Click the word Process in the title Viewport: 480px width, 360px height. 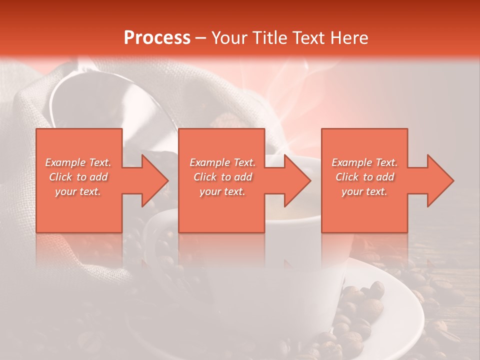[x=157, y=37]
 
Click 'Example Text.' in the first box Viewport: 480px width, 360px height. [x=78, y=162]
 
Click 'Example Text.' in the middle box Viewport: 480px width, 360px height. [x=222, y=162]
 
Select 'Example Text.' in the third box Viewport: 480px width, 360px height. [x=364, y=162]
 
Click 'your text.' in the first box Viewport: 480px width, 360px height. [x=78, y=191]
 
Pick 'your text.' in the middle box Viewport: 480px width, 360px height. [x=222, y=191]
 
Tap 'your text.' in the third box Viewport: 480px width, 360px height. [x=364, y=191]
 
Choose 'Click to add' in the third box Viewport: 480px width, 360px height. [x=364, y=177]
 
